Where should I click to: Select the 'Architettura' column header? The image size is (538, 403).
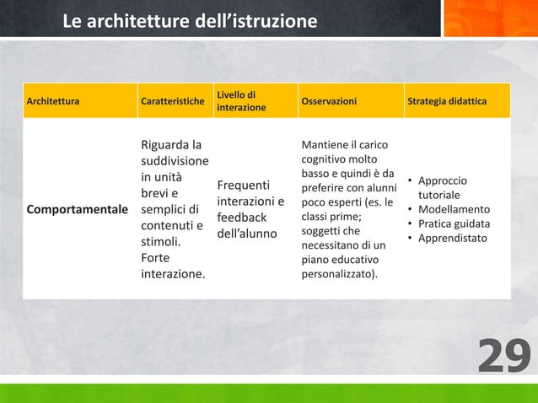(x=54, y=102)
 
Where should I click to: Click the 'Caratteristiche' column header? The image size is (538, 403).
(x=173, y=102)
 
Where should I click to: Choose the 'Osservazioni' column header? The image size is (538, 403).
(x=328, y=102)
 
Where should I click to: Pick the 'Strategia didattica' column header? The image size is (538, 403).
(x=447, y=102)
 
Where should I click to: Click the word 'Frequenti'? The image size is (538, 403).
(x=244, y=185)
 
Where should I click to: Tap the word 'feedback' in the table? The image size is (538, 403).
(x=243, y=217)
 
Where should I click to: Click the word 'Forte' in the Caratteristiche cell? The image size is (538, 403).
(x=157, y=257)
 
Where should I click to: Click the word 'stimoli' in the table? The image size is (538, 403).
(x=161, y=241)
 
